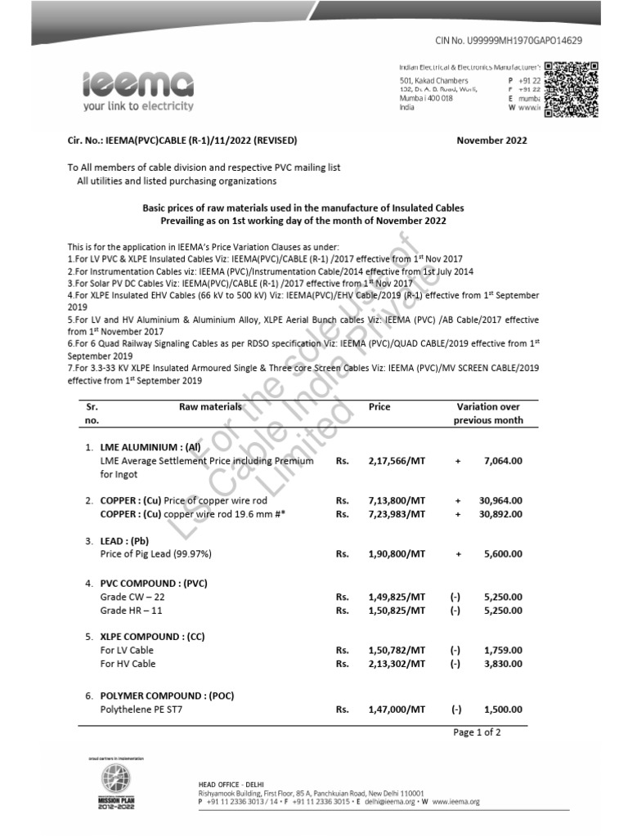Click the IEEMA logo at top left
137,88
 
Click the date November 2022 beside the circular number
491,140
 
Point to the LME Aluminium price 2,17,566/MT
397,461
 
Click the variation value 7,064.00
503,461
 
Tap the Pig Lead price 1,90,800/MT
397,553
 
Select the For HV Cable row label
127,664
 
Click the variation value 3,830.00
503,664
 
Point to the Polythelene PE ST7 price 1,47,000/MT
397,709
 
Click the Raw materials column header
210,406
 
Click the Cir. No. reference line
182,140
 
